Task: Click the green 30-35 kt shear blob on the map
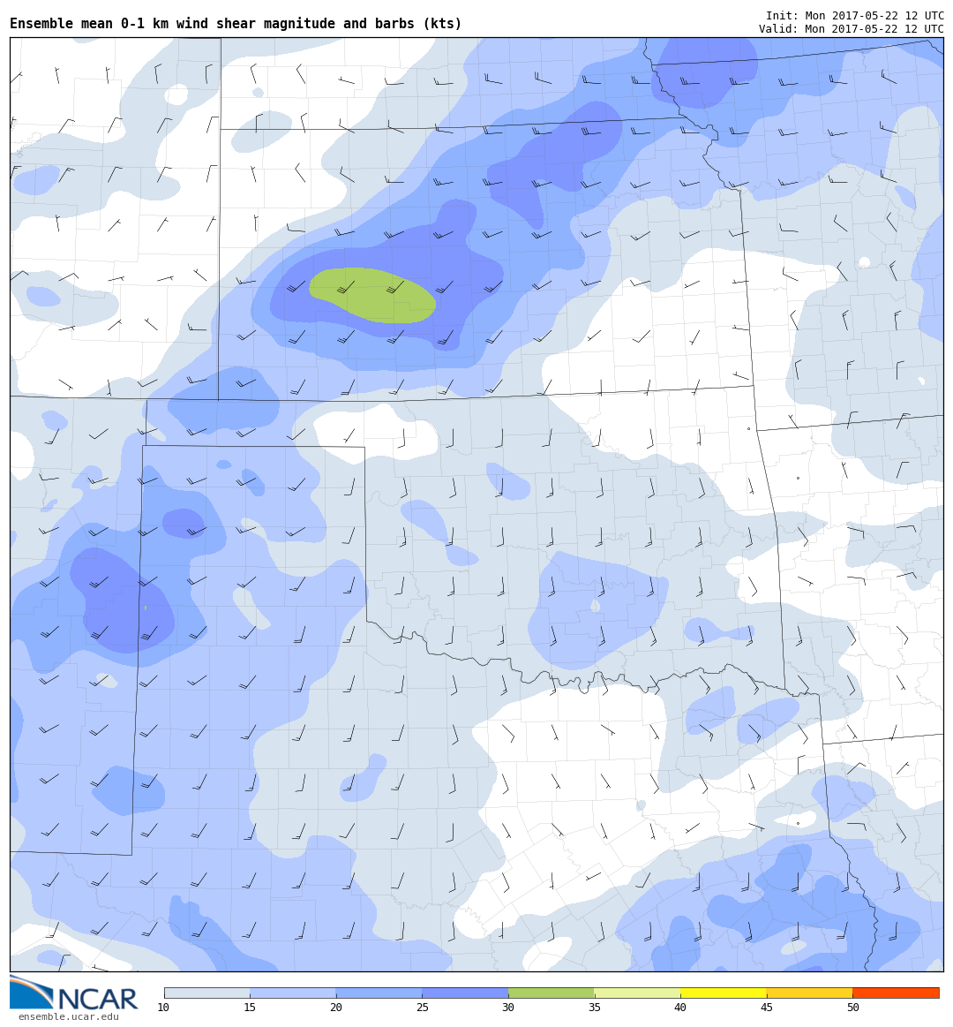pos(371,294)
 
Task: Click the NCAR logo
pos(75,994)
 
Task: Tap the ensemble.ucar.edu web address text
pos(68,1017)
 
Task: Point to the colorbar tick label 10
pos(163,1008)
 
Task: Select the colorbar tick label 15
pos(250,1008)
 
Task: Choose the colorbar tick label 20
pos(336,1008)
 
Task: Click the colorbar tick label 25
pos(422,1008)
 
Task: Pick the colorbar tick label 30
pos(508,1008)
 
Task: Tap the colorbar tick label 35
pos(595,1008)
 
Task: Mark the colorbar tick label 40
pos(680,1008)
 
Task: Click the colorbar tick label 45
pos(767,1008)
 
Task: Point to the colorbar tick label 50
pos(853,1008)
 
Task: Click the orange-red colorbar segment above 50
pos(896,993)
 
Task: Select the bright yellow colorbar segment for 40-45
pos(724,993)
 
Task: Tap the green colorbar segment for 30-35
pos(551,993)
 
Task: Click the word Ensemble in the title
pos(40,24)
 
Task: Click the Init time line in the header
pos(854,16)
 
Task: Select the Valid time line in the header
pos(851,29)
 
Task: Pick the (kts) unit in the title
pos(440,24)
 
